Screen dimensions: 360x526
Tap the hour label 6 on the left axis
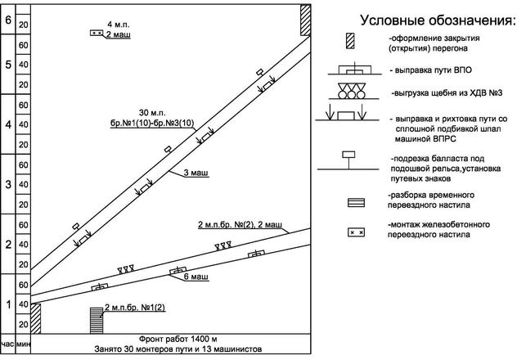[x=7, y=20]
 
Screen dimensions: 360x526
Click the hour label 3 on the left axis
[x=7, y=184]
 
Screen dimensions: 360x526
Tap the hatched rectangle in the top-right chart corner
[x=304, y=20]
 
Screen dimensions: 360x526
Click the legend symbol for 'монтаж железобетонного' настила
[x=354, y=233]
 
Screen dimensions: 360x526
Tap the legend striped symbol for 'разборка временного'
[x=354, y=202]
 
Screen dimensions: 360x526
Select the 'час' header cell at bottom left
[x=7, y=344]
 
